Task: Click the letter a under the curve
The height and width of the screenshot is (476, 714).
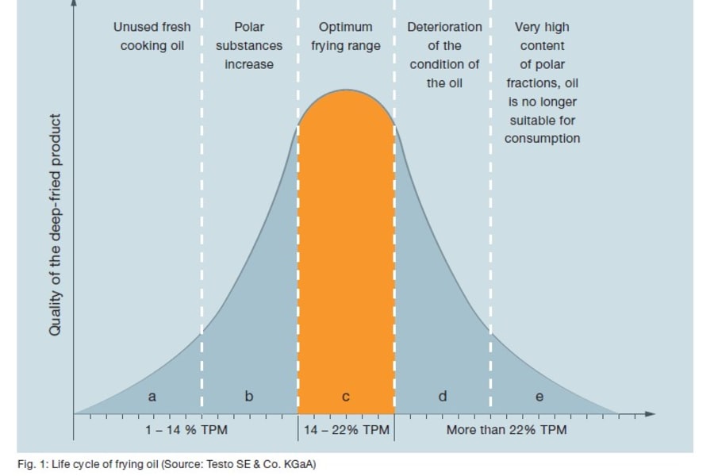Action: point(152,395)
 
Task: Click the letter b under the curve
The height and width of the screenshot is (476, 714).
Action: point(248,396)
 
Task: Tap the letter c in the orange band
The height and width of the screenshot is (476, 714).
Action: point(346,397)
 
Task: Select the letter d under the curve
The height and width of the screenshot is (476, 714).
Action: point(443,396)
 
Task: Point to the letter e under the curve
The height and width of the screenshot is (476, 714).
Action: point(539,397)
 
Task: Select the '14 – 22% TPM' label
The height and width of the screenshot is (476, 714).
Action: point(347,430)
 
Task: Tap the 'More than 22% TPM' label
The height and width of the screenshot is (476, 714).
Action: point(506,430)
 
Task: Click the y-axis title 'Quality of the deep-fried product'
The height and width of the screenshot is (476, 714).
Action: point(55,225)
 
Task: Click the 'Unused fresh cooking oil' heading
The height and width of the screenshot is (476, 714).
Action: point(152,36)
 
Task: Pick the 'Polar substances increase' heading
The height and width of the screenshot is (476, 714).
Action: point(249,46)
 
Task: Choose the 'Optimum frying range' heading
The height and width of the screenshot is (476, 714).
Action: point(346,36)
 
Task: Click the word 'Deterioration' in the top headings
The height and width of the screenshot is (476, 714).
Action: point(444,27)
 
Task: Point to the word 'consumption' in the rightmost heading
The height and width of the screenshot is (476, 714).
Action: point(543,139)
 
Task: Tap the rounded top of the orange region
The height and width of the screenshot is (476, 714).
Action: point(346,94)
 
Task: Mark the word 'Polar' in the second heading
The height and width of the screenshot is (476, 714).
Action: point(249,27)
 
